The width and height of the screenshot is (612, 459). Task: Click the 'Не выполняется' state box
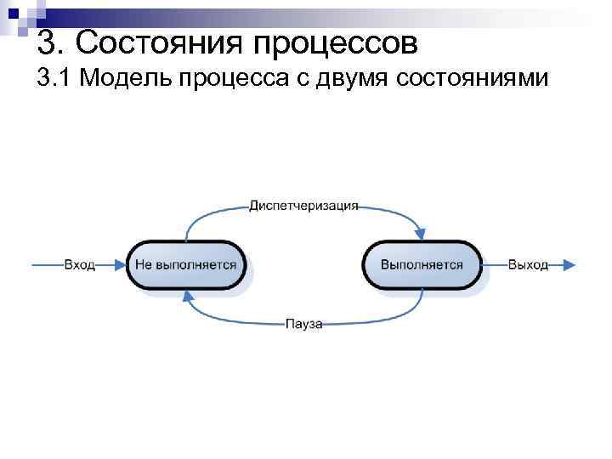point(185,265)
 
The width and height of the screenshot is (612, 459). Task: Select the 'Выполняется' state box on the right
point(422,265)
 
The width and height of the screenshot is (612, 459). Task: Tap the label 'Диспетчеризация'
point(304,206)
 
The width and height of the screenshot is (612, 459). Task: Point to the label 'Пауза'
point(303,324)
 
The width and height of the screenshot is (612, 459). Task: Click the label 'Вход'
point(79,265)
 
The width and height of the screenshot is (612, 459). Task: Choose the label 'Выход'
point(528,265)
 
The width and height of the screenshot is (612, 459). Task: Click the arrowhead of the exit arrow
point(569,265)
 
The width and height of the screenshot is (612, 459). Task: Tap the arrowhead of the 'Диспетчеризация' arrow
point(419,231)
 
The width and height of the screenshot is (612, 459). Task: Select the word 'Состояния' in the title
point(166,39)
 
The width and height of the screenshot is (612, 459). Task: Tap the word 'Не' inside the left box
point(144,265)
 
